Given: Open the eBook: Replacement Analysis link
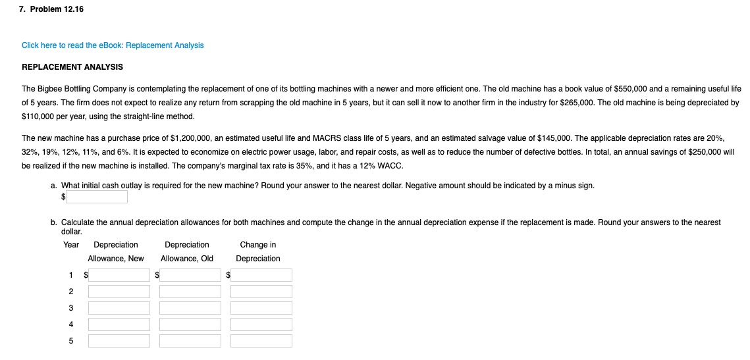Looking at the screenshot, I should (113, 45).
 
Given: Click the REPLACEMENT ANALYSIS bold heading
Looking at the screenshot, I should (72, 67).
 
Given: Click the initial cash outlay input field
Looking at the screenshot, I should (97, 197).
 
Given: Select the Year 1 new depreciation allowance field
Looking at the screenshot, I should (119, 275).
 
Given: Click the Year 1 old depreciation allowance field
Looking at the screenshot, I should (190, 275).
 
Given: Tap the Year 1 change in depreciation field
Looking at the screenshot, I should (261, 275).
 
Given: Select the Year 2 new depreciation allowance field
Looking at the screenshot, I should (119, 292).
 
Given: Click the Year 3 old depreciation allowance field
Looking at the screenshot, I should (190, 308).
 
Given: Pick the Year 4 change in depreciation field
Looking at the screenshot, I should (261, 324).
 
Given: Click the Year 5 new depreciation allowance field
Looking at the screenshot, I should (119, 341).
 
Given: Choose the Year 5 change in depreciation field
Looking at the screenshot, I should (261, 341).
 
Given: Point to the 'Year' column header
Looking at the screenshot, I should (71, 245).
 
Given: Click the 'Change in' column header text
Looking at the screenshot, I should (258, 245).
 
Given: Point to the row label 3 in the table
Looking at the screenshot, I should (71, 308).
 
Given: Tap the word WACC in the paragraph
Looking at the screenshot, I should (391, 166).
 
